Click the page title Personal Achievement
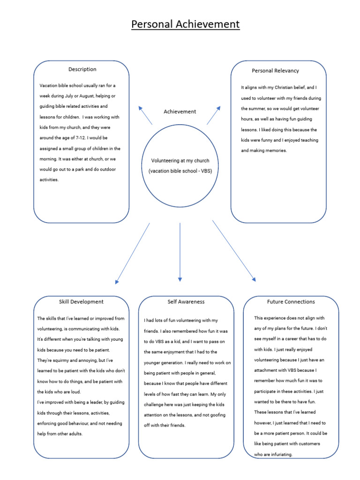coord(185,24)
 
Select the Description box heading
coord(82,69)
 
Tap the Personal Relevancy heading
coord(275,71)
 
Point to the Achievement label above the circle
coord(180,112)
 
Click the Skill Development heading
coord(81,302)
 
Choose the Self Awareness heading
coord(186,302)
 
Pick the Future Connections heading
coord(291,302)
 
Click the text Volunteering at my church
coord(180,161)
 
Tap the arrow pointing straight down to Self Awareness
coord(180,253)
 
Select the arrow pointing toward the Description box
coord(145,115)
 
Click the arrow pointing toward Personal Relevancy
coord(214,115)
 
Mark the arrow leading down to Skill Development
coord(133,253)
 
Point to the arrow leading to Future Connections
coord(234,251)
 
